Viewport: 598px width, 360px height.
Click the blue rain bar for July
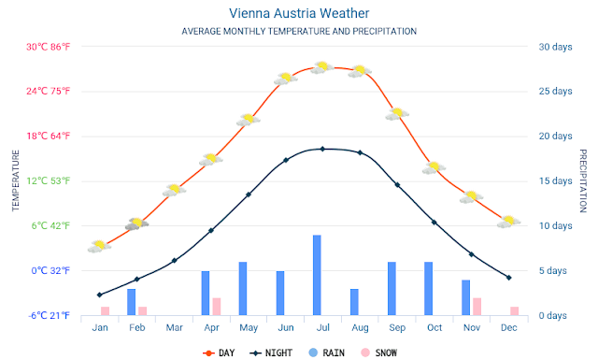coord(318,275)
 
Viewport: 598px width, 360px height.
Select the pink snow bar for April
coord(216,306)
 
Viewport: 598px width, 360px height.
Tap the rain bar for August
coord(354,301)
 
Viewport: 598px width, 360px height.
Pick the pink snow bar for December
coord(514,310)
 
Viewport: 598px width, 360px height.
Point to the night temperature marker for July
coord(322,149)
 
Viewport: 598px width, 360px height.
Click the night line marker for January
coord(100,295)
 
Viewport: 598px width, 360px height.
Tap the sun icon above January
coord(99,246)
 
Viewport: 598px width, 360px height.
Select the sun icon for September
coord(397,113)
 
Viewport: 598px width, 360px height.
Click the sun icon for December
coord(508,221)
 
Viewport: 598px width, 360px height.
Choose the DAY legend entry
coord(221,353)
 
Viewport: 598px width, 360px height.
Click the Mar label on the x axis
coord(174,327)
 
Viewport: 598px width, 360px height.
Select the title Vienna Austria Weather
coord(299,13)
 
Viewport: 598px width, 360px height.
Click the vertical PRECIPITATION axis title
coord(582,180)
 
